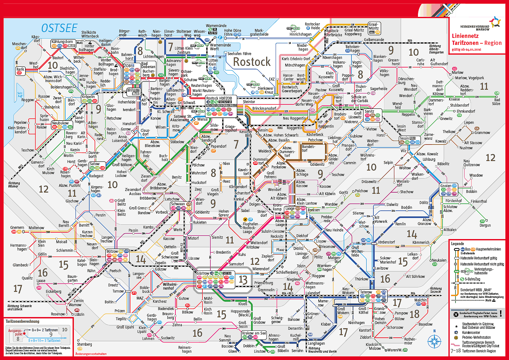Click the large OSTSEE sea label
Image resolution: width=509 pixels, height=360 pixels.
click(59, 28)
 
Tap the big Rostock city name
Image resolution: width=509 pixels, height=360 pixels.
click(251, 62)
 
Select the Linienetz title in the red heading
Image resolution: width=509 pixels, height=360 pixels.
click(465, 36)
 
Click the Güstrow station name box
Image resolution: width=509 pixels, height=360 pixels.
click(203, 273)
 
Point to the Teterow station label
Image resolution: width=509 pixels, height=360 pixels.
click(366, 292)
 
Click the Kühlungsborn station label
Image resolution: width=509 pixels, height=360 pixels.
click(62, 42)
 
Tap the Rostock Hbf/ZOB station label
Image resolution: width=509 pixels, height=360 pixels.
click(219, 98)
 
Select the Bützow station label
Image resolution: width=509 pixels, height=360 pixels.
click(112, 251)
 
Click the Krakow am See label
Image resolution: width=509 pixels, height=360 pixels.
click(254, 333)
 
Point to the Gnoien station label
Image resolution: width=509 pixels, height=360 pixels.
click(446, 186)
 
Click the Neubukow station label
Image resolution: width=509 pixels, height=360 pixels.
click(60, 123)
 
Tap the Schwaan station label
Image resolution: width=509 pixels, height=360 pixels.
click(178, 204)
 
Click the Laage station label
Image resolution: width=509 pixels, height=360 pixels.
click(290, 208)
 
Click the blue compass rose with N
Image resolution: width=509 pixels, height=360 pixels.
click(434, 341)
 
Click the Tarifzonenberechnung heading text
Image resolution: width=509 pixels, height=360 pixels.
click(22, 321)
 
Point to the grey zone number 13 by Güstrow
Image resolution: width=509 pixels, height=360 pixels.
click(243, 280)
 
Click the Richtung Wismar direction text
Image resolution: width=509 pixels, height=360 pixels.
click(14, 185)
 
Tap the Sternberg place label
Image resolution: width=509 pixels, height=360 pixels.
click(84, 344)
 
